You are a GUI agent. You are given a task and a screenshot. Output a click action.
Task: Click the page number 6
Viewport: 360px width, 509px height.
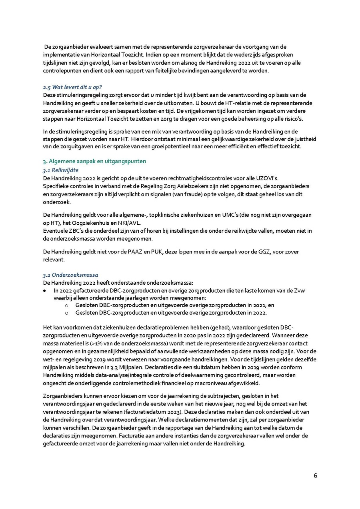[315, 476]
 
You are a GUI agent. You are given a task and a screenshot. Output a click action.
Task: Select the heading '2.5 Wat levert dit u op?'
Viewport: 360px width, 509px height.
[73, 87]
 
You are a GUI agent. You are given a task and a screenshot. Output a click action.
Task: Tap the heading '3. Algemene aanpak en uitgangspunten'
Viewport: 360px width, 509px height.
[94, 161]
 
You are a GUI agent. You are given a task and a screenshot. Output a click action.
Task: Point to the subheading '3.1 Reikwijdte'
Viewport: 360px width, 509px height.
[60, 170]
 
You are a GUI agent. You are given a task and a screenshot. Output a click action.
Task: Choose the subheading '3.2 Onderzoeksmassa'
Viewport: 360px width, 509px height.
[70, 275]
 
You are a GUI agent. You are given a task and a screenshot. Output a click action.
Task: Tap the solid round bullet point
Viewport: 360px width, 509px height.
[45, 291]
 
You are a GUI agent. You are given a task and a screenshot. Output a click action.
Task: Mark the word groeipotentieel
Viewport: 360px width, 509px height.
[227, 146]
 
